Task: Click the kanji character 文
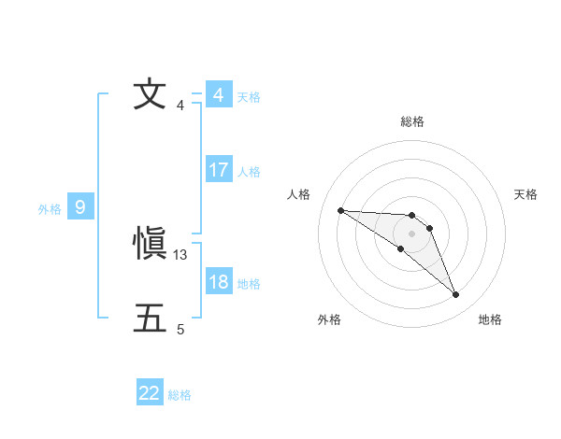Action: point(150,94)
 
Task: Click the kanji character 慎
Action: point(150,245)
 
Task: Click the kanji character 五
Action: point(150,319)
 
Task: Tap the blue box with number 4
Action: point(219,95)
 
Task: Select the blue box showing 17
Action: point(219,170)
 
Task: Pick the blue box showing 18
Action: point(219,282)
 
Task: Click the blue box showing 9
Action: point(80,207)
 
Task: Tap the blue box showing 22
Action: point(150,393)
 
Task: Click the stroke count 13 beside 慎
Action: point(181,254)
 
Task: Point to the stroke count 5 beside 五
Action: point(180,329)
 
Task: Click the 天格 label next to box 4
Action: point(249,97)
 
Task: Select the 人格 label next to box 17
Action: point(249,172)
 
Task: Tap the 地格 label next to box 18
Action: point(249,284)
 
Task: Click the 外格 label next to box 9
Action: point(50,209)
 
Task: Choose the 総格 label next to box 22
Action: point(180,395)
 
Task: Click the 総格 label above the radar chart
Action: point(412,121)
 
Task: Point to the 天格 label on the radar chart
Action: point(526,194)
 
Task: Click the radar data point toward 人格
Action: point(340,210)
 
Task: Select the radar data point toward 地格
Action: point(456,295)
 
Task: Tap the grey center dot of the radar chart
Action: point(412,233)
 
